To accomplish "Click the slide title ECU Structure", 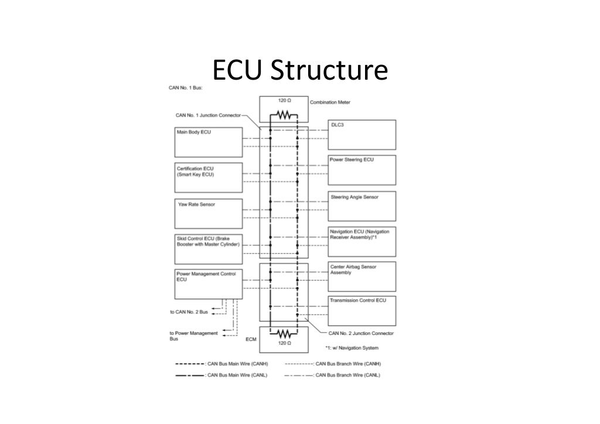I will point(300,71).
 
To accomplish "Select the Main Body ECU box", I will point(208,142).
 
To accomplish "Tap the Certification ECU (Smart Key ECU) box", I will point(208,177).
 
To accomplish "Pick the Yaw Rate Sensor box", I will point(208,213).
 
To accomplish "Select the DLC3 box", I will point(362,135).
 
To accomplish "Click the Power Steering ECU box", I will point(362,170).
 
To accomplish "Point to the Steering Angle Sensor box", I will point(362,206).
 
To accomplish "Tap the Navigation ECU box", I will point(362,241).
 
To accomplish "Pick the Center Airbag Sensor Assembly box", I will point(362,276).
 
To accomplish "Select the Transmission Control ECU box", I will point(362,312).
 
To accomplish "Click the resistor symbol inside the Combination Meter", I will point(284,115).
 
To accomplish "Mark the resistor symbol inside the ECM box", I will point(284,334).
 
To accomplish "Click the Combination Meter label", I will point(330,102).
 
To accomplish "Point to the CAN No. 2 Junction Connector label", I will point(360,333).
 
